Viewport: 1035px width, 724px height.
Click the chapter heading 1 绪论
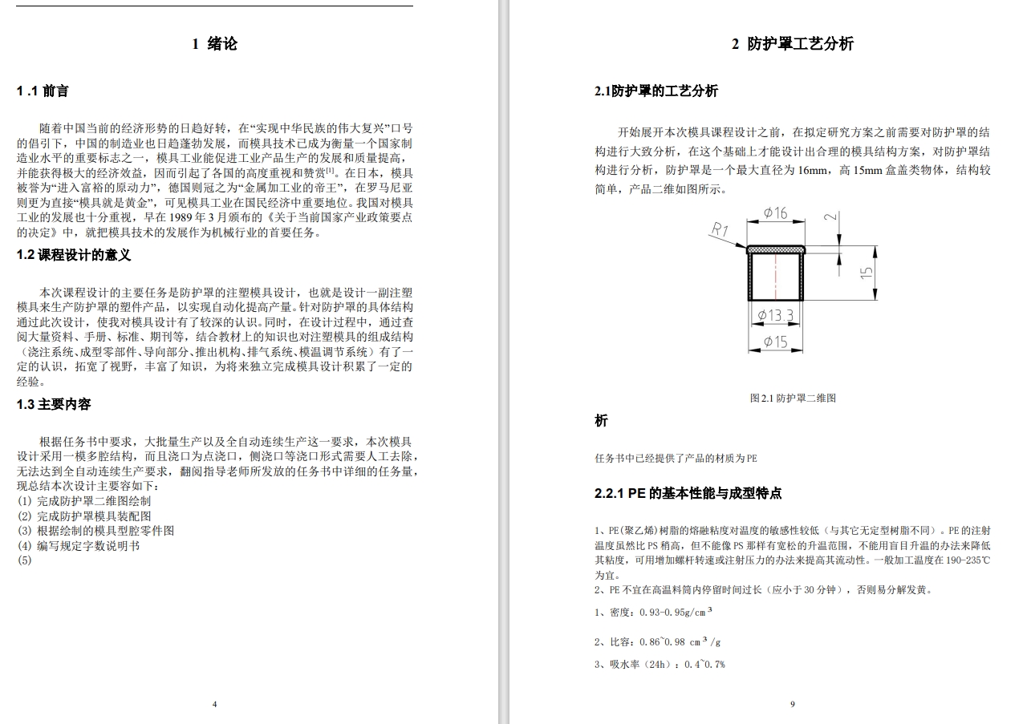(x=214, y=44)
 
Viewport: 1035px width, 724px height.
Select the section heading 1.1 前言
(x=43, y=91)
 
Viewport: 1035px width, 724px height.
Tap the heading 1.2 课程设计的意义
(x=73, y=256)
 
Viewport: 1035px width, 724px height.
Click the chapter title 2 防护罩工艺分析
(x=792, y=44)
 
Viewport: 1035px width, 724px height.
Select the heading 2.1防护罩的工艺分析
(x=655, y=91)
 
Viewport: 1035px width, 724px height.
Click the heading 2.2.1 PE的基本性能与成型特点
(x=688, y=494)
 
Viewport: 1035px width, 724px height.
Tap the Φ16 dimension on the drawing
(x=775, y=212)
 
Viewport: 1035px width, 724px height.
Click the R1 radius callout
(x=719, y=229)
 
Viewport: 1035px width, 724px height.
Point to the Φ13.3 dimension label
(x=775, y=315)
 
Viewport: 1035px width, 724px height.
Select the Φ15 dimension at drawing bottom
(x=775, y=342)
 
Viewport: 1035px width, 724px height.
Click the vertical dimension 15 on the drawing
(x=867, y=273)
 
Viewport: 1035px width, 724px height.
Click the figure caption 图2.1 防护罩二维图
(x=792, y=398)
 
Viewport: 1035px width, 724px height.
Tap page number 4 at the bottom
(x=214, y=704)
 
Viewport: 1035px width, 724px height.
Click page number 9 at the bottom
(x=792, y=704)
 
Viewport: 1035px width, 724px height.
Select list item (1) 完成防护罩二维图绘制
(x=83, y=501)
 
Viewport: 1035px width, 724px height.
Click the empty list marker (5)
(x=24, y=560)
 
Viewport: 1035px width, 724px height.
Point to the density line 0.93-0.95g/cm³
(x=654, y=613)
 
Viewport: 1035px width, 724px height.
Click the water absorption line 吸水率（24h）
(x=660, y=664)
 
